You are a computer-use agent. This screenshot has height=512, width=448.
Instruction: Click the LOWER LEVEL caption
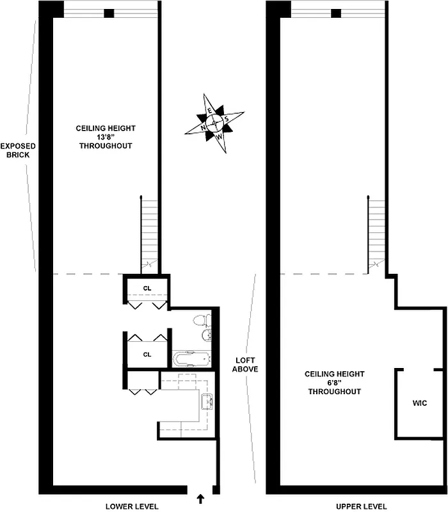[x=132, y=506]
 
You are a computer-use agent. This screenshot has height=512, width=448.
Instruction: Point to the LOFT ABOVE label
[x=246, y=364]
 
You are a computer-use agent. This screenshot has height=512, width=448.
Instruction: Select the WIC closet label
[x=419, y=403]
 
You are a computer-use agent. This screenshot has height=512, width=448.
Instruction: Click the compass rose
[x=215, y=122]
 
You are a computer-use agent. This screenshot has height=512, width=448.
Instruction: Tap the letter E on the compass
[x=209, y=111]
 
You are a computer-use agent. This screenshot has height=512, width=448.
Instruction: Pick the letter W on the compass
[x=220, y=136]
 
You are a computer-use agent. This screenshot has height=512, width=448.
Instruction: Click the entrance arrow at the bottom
[x=200, y=497]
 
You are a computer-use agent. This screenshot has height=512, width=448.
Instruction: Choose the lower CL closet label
[x=147, y=354]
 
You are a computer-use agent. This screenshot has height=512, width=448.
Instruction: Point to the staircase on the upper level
[x=376, y=230]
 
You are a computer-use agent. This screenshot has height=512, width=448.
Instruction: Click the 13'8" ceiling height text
[x=106, y=137]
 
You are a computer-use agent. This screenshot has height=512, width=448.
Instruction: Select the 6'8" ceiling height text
[x=334, y=383]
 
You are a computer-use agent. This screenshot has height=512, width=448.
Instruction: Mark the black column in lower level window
[x=109, y=13]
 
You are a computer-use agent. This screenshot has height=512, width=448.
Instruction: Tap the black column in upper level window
[x=337, y=13]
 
